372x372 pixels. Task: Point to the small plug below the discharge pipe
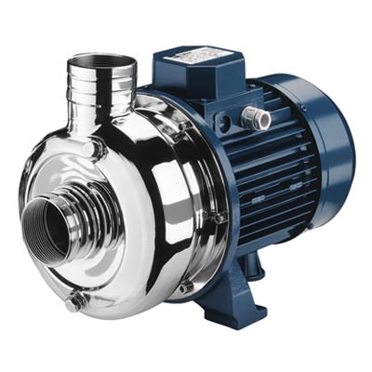point(90,147)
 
